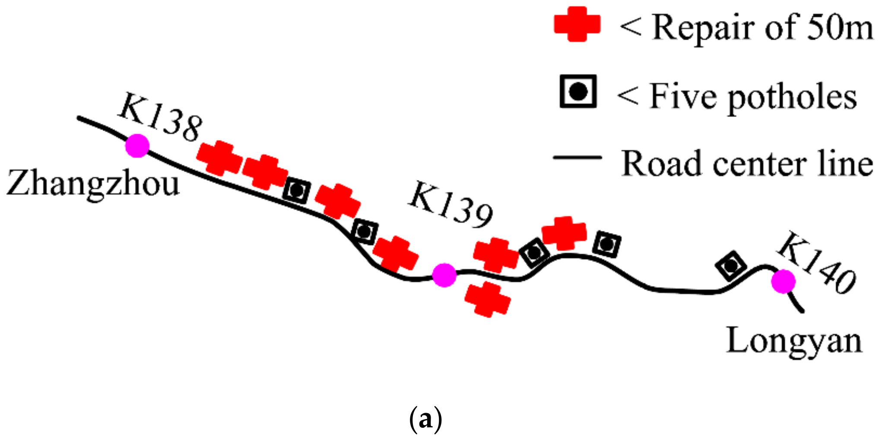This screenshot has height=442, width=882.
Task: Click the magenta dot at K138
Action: (137, 145)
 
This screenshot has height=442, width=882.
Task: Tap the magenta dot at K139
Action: (444, 275)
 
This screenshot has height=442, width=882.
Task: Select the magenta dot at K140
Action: (783, 281)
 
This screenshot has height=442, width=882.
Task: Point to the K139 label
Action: (451, 205)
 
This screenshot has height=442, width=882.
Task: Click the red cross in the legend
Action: (577, 24)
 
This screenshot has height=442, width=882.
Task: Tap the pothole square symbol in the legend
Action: (578, 91)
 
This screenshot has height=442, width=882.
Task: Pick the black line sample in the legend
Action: (577, 158)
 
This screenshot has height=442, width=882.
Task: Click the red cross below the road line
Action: (488, 299)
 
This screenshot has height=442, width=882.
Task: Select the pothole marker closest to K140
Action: (730, 265)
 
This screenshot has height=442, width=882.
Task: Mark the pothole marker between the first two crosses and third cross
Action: (296, 190)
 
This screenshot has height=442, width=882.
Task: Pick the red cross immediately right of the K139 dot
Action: (495, 255)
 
